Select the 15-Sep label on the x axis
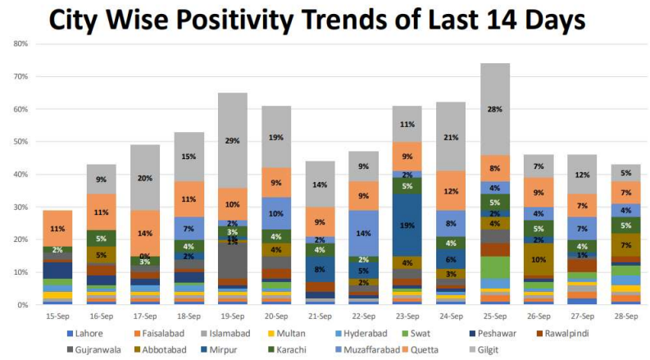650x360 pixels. (57, 315)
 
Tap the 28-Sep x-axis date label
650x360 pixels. (627, 315)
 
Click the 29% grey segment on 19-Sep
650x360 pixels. (232, 140)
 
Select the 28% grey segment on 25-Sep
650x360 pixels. (496, 109)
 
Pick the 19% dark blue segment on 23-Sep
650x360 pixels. (407, 225)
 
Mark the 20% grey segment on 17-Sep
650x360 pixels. (144, 178)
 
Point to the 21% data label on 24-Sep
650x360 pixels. (452, 137)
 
